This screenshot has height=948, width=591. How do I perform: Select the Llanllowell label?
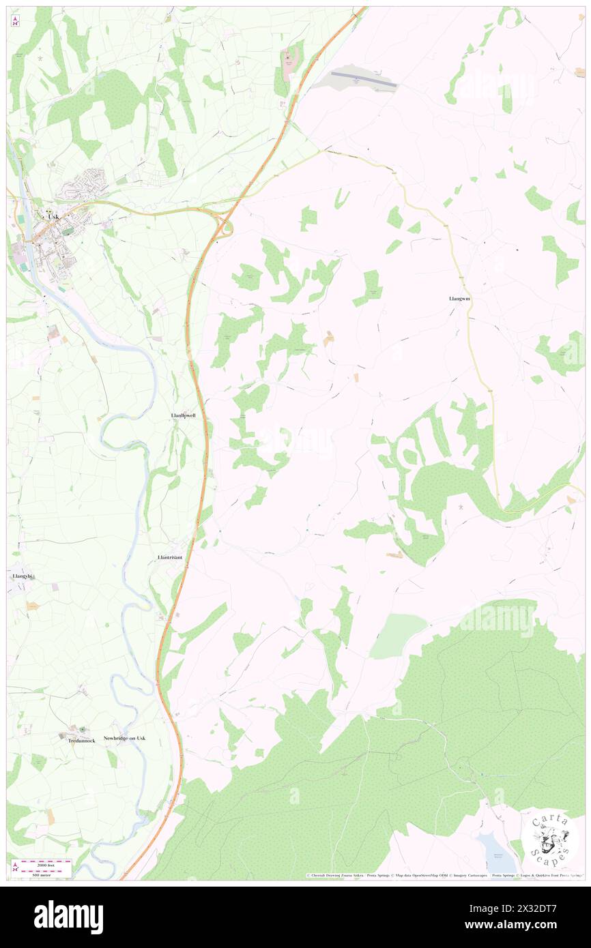(184, 415)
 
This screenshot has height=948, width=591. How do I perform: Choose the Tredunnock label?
(81, 740)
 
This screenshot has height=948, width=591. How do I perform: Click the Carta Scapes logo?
(549, 838)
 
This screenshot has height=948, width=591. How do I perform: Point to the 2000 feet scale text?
(44, 864)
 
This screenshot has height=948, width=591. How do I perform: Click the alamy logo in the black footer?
(68, 917)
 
